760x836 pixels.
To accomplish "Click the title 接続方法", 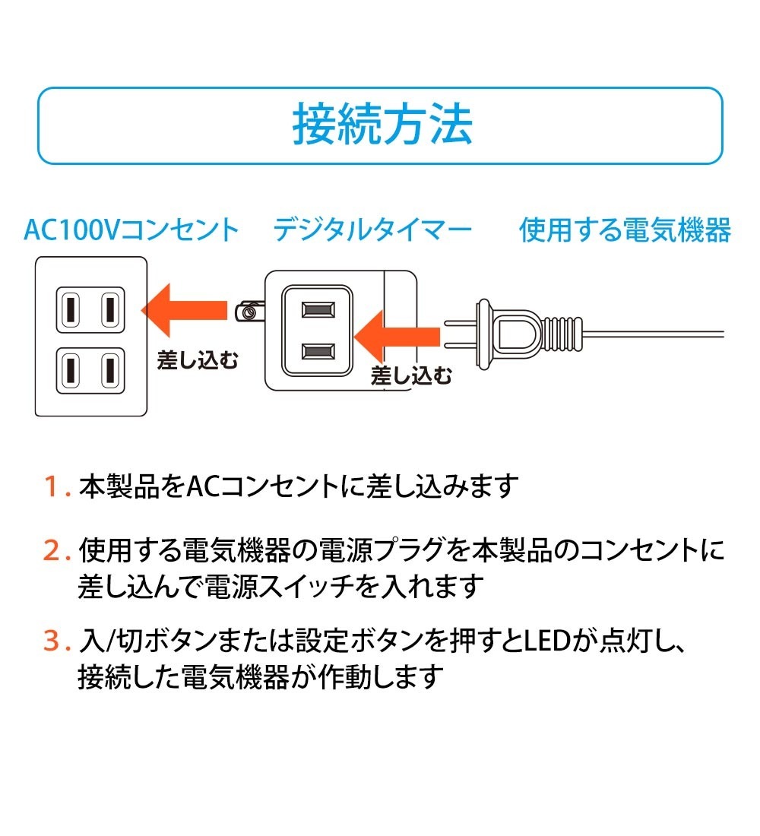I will tap(382, 125).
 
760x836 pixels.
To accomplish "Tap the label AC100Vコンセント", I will tap(131, 230).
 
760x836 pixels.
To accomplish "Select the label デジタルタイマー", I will tap(372, 230).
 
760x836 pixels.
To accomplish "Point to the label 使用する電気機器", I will tap(625, 230).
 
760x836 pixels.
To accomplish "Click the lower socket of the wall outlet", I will tap(90, 369).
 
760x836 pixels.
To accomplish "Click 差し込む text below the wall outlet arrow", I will tap(198, 359).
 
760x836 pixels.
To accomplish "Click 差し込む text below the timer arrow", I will tap(411, 375).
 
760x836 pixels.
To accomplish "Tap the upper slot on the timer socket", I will tap(318, 310).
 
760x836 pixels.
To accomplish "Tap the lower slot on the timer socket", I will tap(318, 350).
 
